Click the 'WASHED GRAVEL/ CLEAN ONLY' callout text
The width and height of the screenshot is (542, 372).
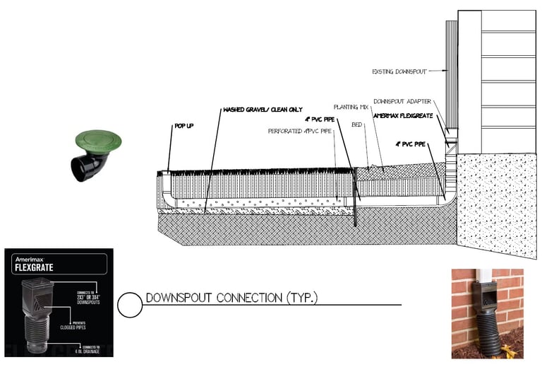point(263,110)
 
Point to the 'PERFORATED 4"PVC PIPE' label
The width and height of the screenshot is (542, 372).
point(299,131)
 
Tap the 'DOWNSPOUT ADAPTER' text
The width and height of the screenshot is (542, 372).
point(402,102)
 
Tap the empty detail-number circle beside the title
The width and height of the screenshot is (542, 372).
point(129,304)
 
